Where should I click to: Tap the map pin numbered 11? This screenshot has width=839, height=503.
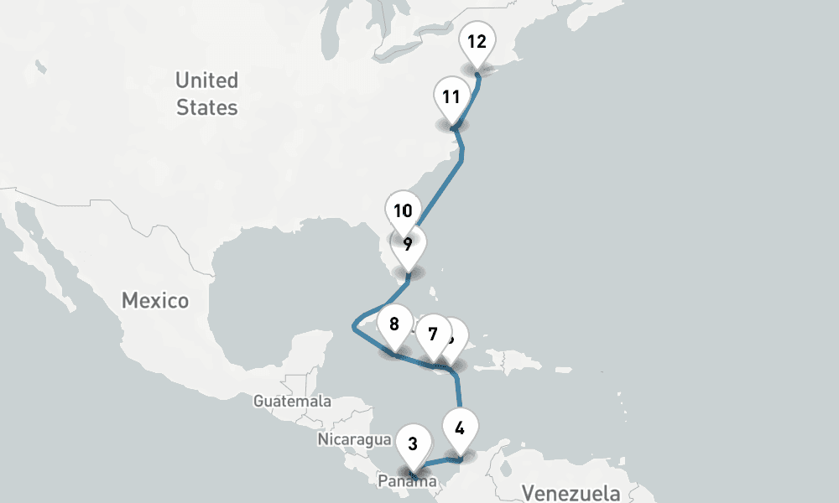tap(451, 96)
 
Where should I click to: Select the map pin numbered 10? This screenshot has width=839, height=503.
tap(403, 210)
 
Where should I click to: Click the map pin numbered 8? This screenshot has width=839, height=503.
tap(394, 323)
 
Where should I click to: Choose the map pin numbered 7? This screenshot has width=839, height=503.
tap(431, 334)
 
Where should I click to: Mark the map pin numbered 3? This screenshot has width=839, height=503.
tap(413, 444)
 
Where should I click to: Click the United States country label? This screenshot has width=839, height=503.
tap(206, 94)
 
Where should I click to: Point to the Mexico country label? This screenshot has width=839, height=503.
tap(155, 300)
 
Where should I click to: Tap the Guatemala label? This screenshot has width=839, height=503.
tap(292, 402)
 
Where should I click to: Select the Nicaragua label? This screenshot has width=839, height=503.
tap(354, 439)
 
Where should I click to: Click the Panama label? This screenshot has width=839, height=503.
tap(407, 481)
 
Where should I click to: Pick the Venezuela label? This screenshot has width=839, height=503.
tap(570, 492)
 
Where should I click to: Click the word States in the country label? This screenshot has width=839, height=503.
tap(206, 107)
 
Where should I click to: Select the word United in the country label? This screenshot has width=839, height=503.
tap(206, 80)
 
